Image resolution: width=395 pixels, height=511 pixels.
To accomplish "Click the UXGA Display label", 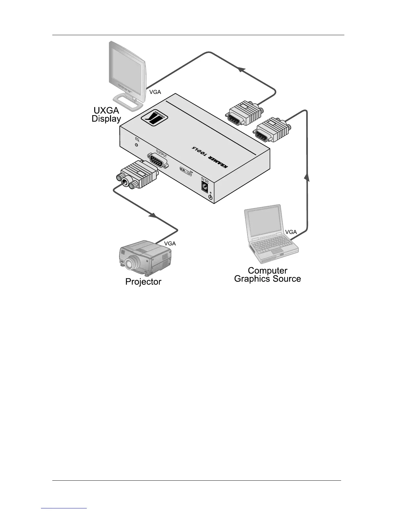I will [x=106, y=115].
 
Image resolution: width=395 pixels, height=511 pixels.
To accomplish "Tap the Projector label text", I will [x=143, y=282].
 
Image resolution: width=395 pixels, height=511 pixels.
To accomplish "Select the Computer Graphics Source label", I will [x=268, y=275].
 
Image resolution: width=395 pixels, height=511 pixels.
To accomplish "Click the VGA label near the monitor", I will [x=155, y=92].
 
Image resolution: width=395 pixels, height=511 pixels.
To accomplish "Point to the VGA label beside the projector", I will [x=170, y=244].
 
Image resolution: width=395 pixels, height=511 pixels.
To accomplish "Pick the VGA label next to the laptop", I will [x=291, y=232].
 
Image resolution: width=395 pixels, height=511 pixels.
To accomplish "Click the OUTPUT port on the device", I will [x=158, y=160].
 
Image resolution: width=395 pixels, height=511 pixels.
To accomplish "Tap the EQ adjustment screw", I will [x=137, y=145].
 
